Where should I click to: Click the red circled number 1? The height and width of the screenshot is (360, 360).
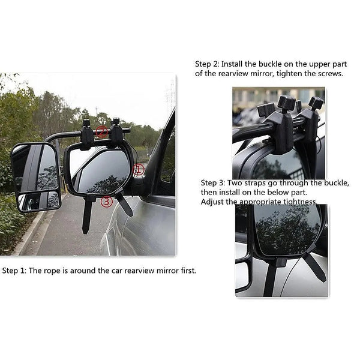[x=139, y=169]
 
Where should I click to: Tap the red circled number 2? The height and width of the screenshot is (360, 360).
[x=103, y=131]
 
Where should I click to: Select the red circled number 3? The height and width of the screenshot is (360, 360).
[x=107, y=202]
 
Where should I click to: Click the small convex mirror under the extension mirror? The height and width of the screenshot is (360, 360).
[x=40, y=202]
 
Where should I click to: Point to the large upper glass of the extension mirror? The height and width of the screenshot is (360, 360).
[x=36, y=167]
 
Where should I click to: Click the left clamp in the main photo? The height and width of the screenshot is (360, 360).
[x=88, y=135]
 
